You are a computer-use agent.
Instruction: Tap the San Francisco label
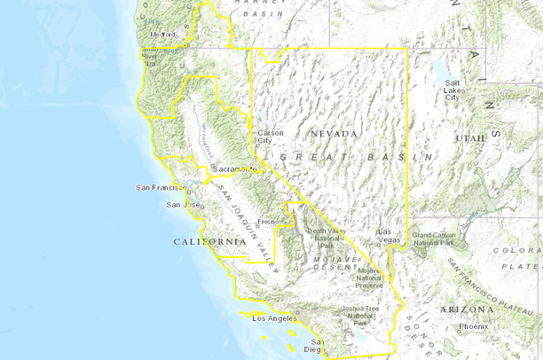(161, 187)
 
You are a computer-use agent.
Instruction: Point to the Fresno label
(269, 221)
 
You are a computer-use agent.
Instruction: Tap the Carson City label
(270, 137)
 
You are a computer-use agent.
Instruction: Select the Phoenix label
(473, 326)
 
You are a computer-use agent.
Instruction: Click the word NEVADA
(334, 134)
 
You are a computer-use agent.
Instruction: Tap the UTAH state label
(470, 139)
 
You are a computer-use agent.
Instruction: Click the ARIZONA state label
(465, 309)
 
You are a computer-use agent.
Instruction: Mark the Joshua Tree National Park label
(360, 315)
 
